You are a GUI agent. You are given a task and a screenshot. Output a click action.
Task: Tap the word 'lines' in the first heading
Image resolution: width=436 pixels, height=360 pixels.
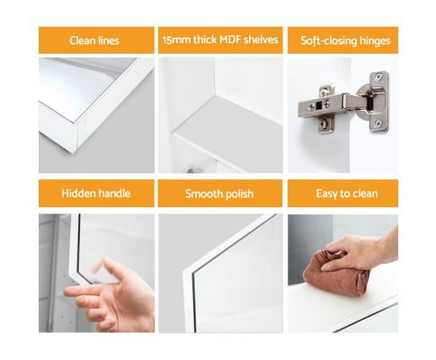click(x=109, y=40)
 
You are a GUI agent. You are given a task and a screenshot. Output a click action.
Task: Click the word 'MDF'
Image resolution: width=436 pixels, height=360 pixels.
click(x=230, y=40)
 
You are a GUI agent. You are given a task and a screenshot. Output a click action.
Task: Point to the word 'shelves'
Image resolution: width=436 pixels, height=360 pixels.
click(x=261, y=40)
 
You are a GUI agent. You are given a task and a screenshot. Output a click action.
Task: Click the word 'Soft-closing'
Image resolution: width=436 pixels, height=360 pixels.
click(x=327, y=40)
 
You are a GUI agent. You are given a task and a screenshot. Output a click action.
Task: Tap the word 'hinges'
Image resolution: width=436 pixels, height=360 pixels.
click(x=373, y=40)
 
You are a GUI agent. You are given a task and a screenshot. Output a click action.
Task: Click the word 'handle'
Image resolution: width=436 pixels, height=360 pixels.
click(x=111, y=193)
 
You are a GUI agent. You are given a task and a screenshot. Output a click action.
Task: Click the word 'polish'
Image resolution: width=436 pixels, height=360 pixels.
click(x=239, y=194)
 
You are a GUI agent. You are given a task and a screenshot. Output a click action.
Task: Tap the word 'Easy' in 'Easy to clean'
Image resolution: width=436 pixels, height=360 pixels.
click(x=326, y=193)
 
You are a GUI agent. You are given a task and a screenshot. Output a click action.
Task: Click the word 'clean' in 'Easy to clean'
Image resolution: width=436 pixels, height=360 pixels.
click(x=365, y=193)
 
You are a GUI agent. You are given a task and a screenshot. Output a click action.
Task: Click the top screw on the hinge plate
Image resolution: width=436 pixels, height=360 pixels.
click(x=378, y=76)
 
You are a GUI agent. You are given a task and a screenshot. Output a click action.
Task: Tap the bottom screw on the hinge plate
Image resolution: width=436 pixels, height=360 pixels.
click(x=378, y=123)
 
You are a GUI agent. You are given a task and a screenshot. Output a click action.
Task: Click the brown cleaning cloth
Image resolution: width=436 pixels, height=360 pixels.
click(x=335, y=274)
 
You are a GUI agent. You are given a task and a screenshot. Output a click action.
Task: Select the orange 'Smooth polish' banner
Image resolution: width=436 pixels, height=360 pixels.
click(x=220, y=193)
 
